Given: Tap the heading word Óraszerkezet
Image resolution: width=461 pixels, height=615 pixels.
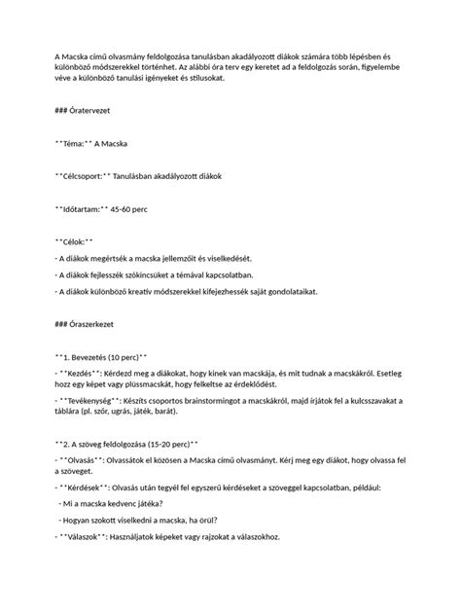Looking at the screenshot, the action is point(100,324).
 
